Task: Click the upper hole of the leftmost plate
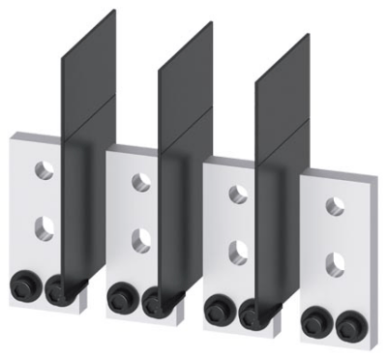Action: pyautogui.click(x=44, y=170)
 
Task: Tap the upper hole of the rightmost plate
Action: pyautogui.click(x=335, y=204)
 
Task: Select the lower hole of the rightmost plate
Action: pyautogui.click(x=335, y=259)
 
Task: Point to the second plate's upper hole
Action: pyautogui.click(x=141, y=181)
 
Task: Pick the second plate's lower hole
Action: pyautogui.click(x=141, y=236)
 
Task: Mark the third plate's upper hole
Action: pyautogui.click(x=238, y=194)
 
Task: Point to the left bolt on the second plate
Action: pyautogui.click(x=121, y=294)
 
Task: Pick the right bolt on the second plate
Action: pyautogui.click(x=155, y=298)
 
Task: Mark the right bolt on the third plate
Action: pyautogui.click(x=253, y=310)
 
